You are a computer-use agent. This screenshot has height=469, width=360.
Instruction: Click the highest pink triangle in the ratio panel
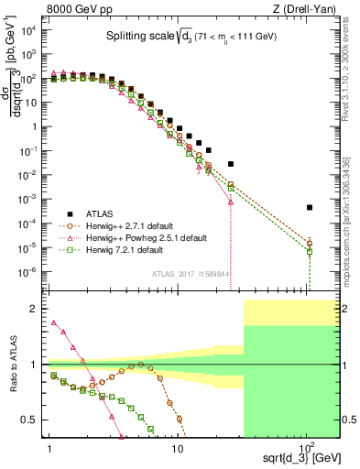pos(53,322)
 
